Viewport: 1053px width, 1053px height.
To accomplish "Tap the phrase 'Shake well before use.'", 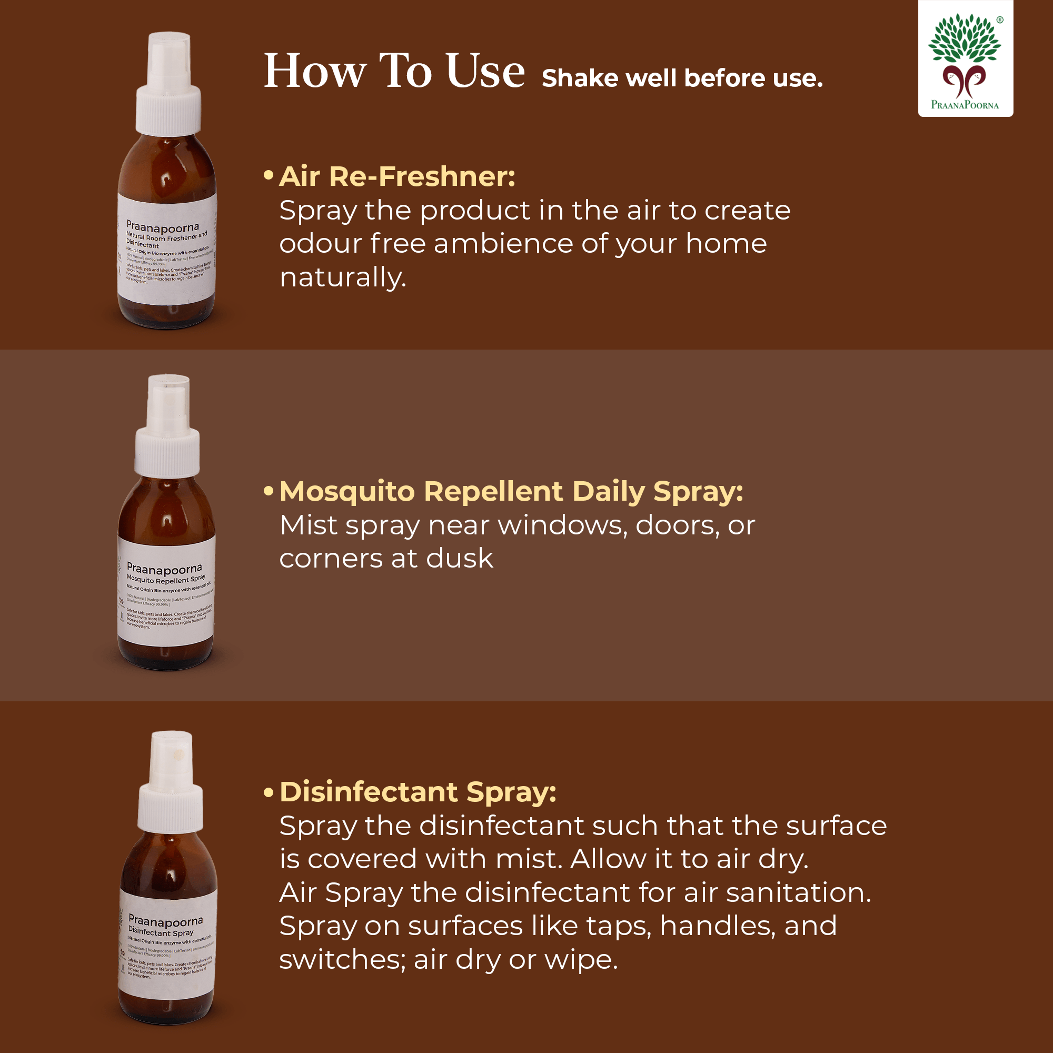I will pyautogui.click(x=682, y=78).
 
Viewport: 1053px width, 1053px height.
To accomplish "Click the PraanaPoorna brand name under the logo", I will pyautogui.click(x=965, y=105).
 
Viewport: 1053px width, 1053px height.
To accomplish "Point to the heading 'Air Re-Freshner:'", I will pyautogui.click(x=397, y=176).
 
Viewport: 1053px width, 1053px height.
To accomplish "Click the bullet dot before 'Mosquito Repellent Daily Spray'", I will pyautogui.click(x=268, y=491).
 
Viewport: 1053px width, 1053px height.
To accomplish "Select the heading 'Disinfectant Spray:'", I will pyautogui.click(x=418, y=792).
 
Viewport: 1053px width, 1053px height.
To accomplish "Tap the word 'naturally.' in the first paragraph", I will pyautogui.click(x=343, y=277).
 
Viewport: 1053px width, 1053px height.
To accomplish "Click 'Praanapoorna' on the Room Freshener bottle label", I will pyautogui.click(x=162, y=226).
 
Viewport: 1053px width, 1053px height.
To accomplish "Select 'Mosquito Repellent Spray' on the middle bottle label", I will pyautogui.click(x=166, y=579).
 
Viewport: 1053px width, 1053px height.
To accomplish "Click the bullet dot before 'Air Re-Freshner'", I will pyautogui.click(x=268, y=176).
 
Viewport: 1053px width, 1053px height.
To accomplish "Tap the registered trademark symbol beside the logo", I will pyautogui.click(x=1000, y=19).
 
